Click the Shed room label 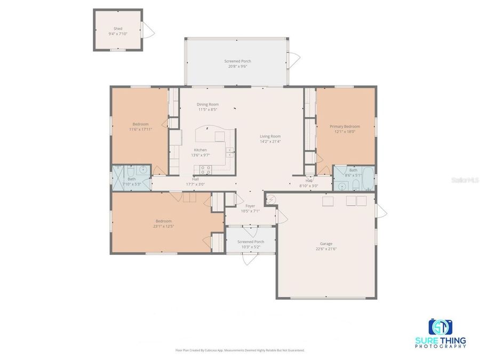click(x=117, y=28)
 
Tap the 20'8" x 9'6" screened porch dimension click(x=237, y=66)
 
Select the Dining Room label click(x=207, y=104)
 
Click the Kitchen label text click(x=200, y=150)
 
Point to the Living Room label click(x=270, y=136)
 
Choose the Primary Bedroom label click(x=345, y=126)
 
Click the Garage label click(x=325, y=244)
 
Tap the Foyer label click(x=250, y=205)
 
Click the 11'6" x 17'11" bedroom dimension click(x=141, y=129)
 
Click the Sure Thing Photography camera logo click(x=440, y=327)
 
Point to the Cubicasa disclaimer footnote click(x=240, y=350)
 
